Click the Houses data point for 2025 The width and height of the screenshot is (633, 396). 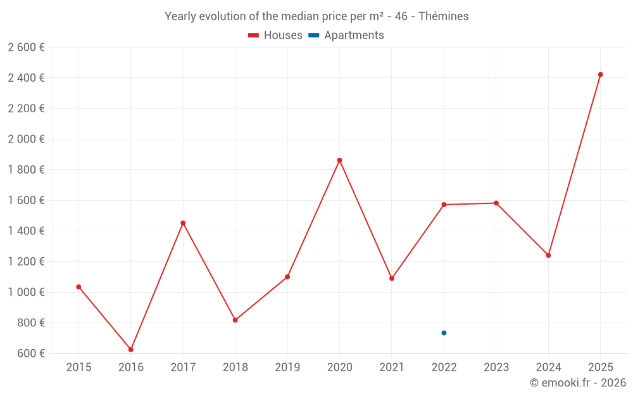tap(600, 75)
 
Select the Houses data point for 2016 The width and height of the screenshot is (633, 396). tap(131, 350)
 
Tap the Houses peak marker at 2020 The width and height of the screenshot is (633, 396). tap(339, 160)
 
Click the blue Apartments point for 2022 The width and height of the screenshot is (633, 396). tap(444, 333)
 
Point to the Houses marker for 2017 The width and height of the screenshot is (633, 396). tap(183, 223)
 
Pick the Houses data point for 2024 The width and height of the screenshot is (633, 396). tap(548, 255)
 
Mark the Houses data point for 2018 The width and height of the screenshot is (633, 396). tap(235, 320)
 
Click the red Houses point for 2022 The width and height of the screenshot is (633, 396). tap(444, 205)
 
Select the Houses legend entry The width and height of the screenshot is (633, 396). tap(275, 35)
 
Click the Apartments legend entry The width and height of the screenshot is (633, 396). tap(346, 35)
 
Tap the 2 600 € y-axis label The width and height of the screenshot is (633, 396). tap(26, 47)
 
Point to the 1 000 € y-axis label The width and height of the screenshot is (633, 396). tap(26, 292)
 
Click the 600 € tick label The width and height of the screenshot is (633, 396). tap(30, 354)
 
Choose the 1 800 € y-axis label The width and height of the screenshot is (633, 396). tap(26, 170)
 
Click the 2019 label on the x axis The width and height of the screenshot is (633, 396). tap(287, 367)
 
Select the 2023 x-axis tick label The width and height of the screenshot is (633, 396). tap(496, 367)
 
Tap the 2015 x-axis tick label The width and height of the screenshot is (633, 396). tap(78, 367)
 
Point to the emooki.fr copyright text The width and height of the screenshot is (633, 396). tap(578, 383)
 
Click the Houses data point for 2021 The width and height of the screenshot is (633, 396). tap(392, 278)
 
